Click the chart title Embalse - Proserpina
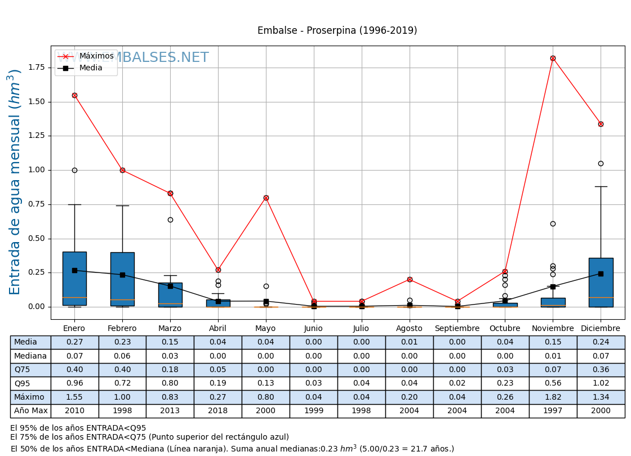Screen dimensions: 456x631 coord(337,30)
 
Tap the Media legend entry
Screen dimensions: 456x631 coord(91,68)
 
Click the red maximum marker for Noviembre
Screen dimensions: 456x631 coord(553,58)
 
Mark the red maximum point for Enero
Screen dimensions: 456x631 coord(74,95)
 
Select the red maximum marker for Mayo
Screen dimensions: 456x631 coord(266,198)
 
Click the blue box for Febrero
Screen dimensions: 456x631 coord(122,279)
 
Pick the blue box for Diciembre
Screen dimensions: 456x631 coord(601,282)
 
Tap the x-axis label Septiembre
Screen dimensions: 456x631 coord(457,328)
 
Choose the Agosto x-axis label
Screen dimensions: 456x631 coord(409,328)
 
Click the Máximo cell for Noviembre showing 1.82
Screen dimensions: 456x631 coord(553,397)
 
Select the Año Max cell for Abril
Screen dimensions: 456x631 coord(218,411)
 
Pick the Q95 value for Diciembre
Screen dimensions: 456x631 coord(601,383)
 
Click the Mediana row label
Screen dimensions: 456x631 coord(30,356)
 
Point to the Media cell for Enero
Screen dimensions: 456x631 coord(74,342)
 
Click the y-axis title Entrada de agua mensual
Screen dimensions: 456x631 coord(15,182)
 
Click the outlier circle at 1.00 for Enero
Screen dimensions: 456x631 coord(74,170)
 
